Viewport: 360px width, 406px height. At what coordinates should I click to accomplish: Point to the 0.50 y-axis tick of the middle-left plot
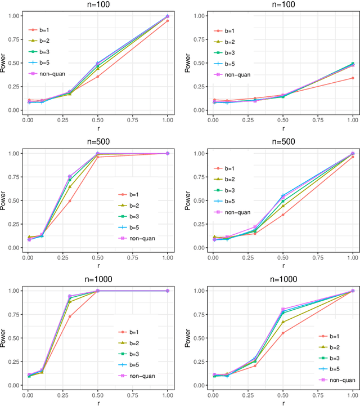pos(13,200)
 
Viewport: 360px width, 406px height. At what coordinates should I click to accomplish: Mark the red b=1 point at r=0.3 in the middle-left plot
pos(70,201)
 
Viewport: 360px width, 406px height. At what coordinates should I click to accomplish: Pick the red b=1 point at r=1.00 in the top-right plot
pos(353,78)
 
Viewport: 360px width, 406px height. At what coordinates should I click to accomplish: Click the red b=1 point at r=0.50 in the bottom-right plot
pos(283,333)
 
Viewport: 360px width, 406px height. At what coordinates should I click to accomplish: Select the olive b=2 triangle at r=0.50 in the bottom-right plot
pos(283,322)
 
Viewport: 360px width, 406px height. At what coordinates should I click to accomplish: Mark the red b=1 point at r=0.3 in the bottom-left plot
pos(70,316)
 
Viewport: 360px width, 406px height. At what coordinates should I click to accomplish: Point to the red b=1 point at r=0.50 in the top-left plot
pos(98,77)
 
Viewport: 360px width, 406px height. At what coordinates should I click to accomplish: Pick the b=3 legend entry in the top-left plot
pos(47,52)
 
